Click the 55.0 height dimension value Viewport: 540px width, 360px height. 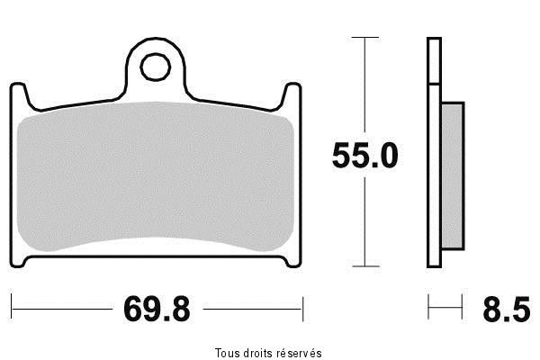(x=364, y=156)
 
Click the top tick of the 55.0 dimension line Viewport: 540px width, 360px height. (x=364, y=39)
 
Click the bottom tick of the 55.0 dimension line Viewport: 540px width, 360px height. (x=364, y=266)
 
